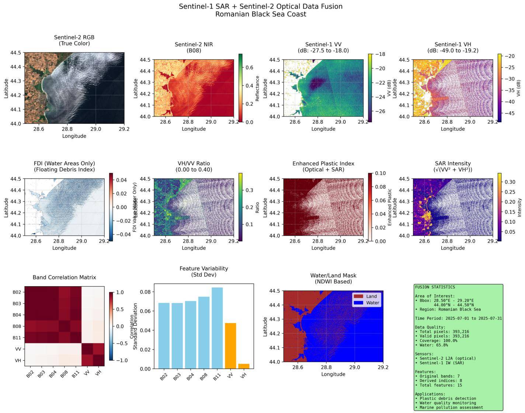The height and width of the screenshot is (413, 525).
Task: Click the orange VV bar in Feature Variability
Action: click(x=230, y=346)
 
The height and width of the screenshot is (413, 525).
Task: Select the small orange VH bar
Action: click(x=244, y=366)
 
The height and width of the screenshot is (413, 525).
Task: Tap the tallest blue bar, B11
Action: click(x=217, y=328)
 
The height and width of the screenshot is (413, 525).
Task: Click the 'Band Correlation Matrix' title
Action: click(x=64, y=277)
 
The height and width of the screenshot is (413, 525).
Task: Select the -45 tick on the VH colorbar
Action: click(x=510, y=113)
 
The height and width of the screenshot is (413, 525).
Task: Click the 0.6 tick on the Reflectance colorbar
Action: click(x=250, y=67)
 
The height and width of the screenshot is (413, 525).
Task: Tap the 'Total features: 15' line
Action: click(x=438, y=385)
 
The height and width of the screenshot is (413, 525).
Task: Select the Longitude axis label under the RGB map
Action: click(x=74, y=136)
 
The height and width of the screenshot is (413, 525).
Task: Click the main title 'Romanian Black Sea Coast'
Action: click(x=261, y=14)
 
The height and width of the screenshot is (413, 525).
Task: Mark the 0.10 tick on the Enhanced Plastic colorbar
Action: click(x=380, y=173)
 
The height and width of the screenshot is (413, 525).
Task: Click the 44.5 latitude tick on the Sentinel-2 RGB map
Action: click(x=15, y=53)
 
